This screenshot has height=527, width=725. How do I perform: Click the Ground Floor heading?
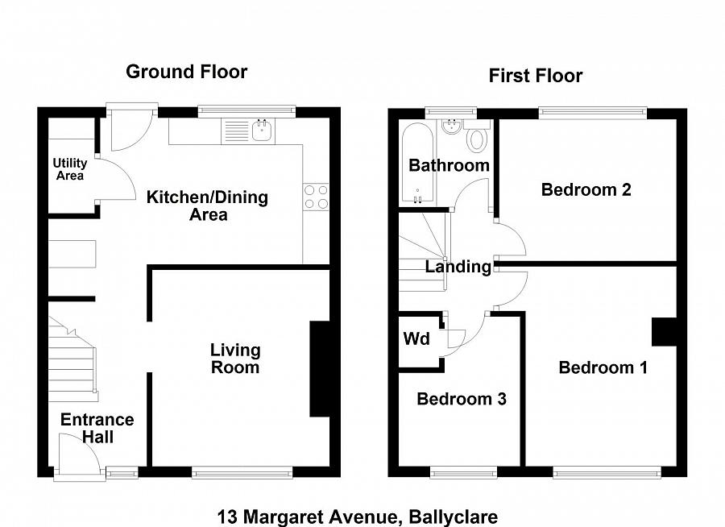[x=186, y=72]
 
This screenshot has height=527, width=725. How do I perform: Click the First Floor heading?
[x=536, y=77]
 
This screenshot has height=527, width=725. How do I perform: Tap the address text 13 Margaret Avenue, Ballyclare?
[x=358, y=517]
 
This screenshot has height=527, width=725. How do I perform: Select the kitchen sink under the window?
[x=260, y=130]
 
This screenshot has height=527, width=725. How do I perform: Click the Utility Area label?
[x=69, y=169]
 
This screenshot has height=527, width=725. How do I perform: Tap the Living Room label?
[x=235, y=359]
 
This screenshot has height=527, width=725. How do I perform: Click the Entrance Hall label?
[x=97, y=429]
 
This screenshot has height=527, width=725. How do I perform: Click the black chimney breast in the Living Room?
[x=320, y=369]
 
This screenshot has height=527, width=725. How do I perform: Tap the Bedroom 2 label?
[x=586, y=190]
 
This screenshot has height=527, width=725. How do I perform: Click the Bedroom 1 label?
[x=603, y=368]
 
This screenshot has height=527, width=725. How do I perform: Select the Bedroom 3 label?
[x=462, y=399]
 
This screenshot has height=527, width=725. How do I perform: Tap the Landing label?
[x=458, y=267]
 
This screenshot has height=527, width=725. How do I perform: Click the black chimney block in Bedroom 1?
[x=663, y=332]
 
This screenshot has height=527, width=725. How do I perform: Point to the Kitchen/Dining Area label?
[x=207, y=205]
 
